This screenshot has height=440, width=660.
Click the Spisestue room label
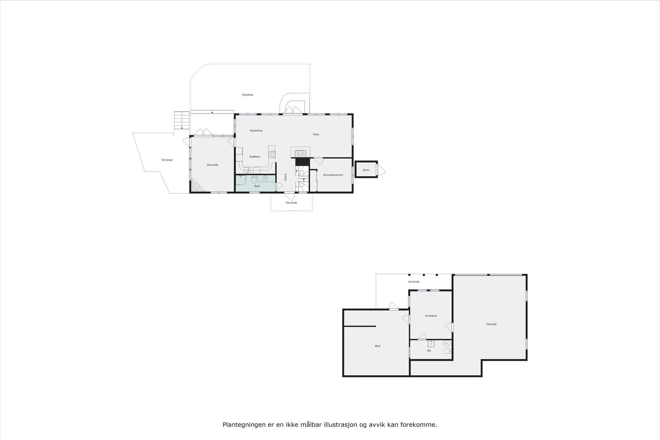pyautogui.click(x=256, y=131)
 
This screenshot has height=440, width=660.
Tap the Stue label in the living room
pyautogui.click(x=316, y=134)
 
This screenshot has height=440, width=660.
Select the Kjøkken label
pyautogui.click(x=255, y=157)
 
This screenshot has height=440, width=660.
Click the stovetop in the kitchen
pyautogui.click(x=272, y=155)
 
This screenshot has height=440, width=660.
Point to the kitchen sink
pyautogui.click(x=247, y=169)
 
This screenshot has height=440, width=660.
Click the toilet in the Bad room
pyautogui.click(x=254, y=179)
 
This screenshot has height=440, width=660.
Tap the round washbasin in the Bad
pyautogui.click(x=265, y=178)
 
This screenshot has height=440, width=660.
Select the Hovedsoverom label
pyautogui.click(x=333, y=175)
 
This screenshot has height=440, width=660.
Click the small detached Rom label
pyautogui.click(x=366, y=170)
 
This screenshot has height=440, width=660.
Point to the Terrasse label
pyautogui.click(x=167, y=160)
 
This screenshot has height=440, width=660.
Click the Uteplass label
pyautogui.click(x=247, y=95)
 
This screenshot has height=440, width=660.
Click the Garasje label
pyautogui.click(x=491, y=324)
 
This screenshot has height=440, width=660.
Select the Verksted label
pyautogui.click(x=431, y=316)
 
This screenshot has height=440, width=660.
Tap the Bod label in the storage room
pyautogui.click(x=377, y=346)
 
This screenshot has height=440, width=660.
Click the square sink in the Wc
pyautogui.click(x=431, y=344)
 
